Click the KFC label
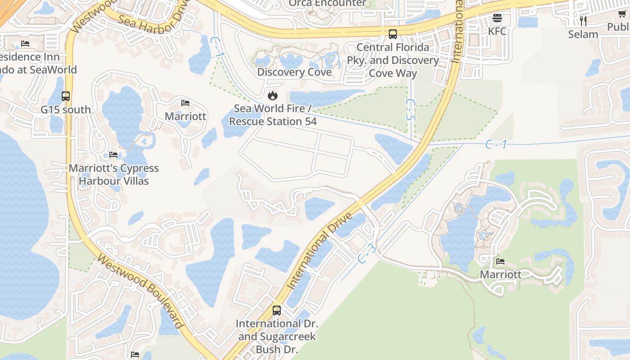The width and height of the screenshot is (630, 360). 497,31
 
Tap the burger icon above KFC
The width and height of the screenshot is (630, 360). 497,18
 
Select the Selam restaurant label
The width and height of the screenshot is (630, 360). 583,34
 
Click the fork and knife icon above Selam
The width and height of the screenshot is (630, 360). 583,21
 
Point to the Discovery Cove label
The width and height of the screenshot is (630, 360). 294,72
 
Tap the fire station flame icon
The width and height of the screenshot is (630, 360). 272,95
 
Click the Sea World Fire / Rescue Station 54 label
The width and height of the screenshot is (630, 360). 273,115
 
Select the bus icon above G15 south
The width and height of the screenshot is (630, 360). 66,96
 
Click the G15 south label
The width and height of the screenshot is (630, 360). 66,109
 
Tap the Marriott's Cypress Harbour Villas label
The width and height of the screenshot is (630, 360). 113,175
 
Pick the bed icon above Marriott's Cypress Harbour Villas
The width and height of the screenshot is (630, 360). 113,155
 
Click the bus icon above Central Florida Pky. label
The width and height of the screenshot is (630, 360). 393,34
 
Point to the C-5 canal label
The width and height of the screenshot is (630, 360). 410,110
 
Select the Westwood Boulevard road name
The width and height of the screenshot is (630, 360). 140,291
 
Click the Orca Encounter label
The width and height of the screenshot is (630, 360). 327,4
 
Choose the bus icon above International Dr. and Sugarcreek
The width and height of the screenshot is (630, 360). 277,310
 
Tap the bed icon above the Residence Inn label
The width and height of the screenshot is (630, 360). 25,44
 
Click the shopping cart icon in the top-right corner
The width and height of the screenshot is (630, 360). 622,13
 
